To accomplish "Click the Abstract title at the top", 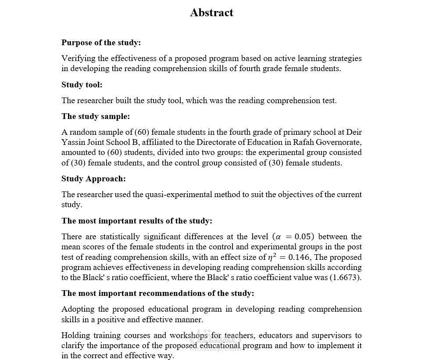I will (211, 13).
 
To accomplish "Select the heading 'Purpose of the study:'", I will (101, 43).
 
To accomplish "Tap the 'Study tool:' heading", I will (82, 85).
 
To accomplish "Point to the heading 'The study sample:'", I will (96, 116).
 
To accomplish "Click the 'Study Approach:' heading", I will (93, 179).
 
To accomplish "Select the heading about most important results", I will (136, 221).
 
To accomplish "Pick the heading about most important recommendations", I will (157, 293).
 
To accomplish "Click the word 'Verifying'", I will (76, 58).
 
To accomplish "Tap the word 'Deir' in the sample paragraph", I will (354, 132).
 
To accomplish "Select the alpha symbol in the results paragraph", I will (277, 237).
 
